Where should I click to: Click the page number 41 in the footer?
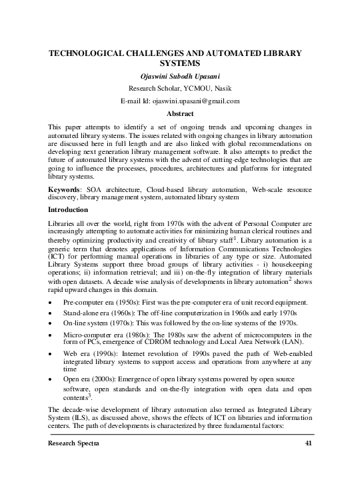[307, 462]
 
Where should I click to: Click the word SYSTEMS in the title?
[179, 63]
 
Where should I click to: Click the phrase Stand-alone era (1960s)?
[101, 313]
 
